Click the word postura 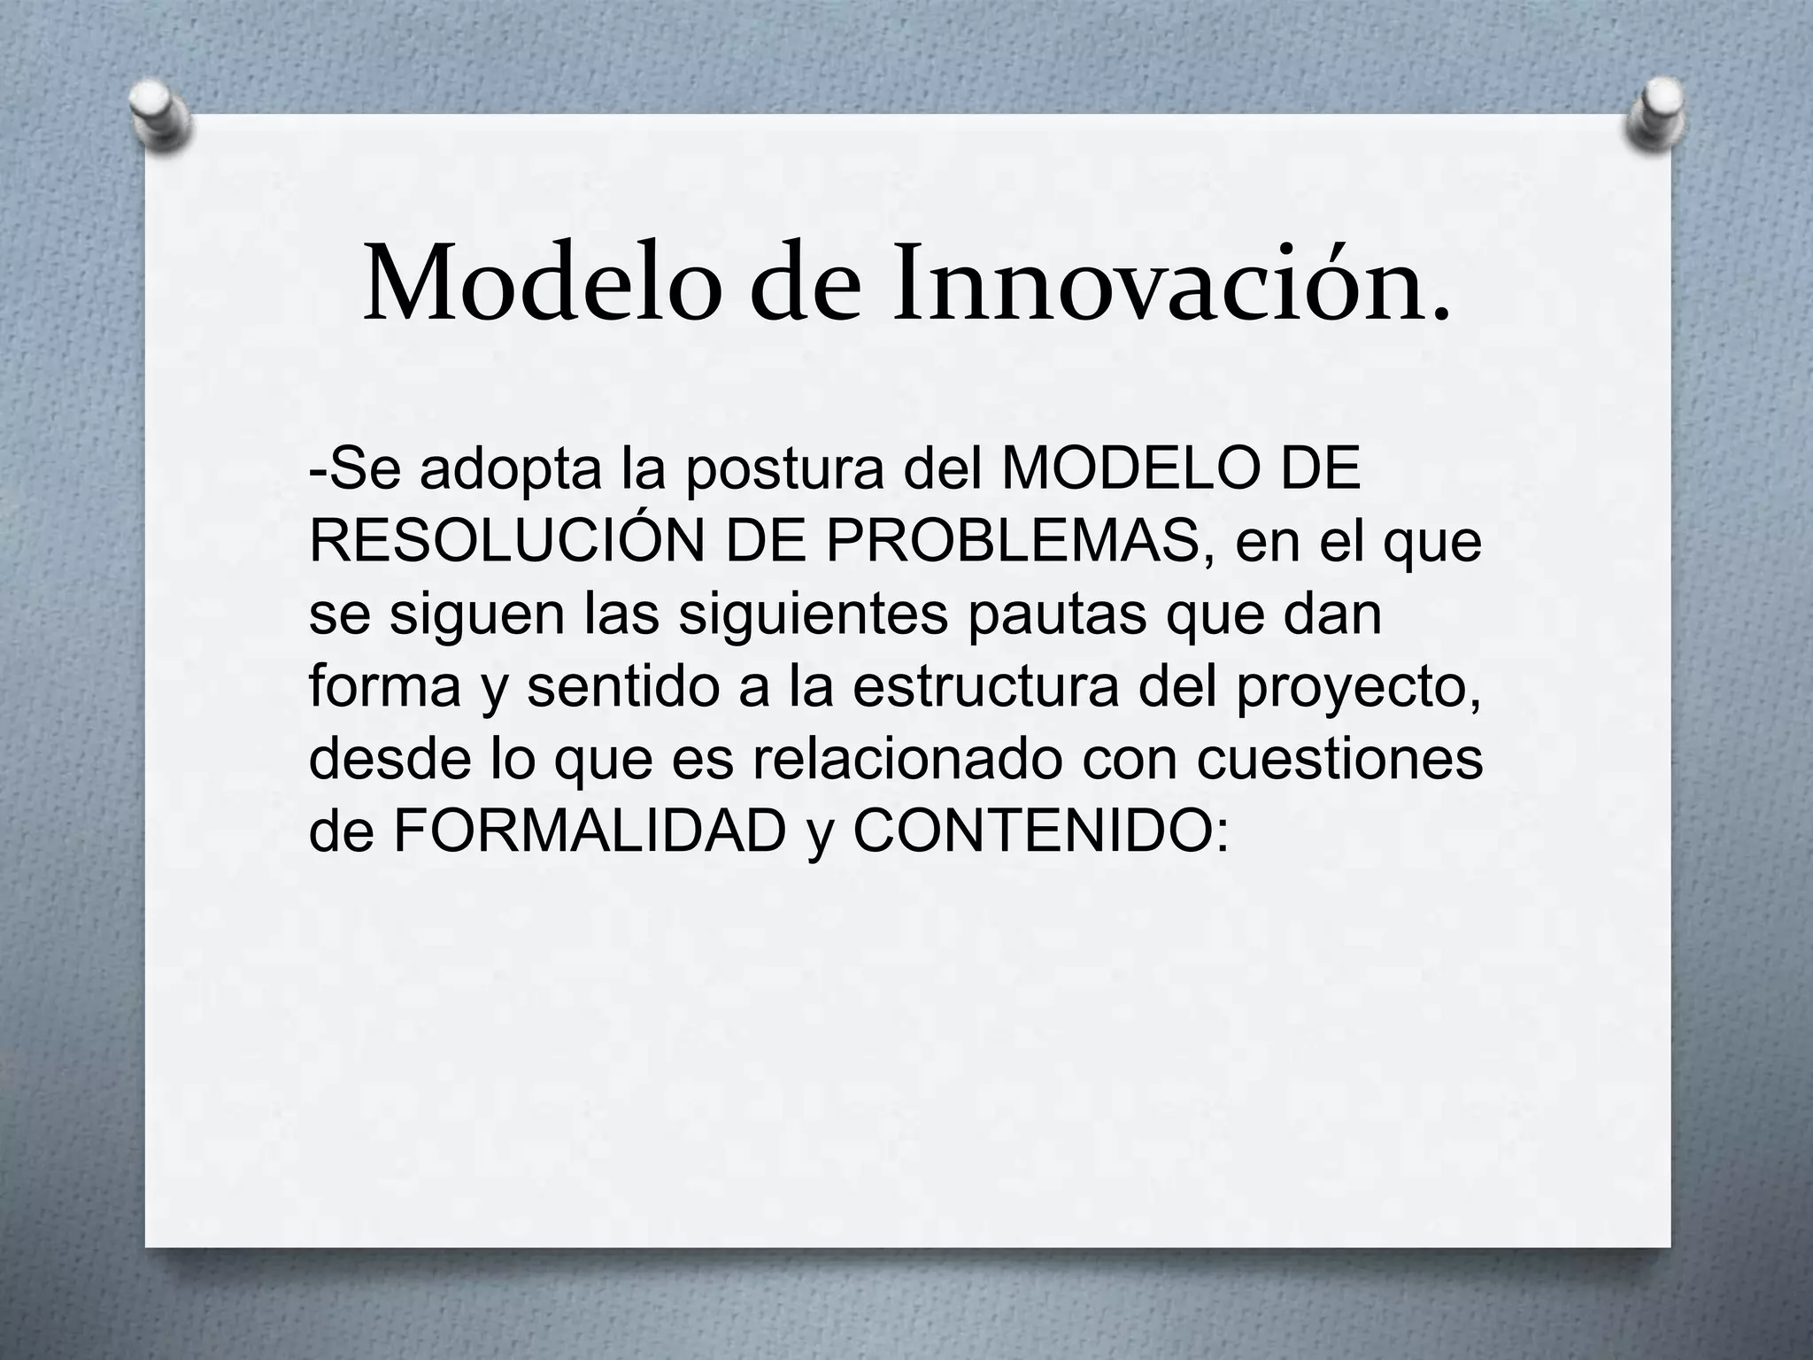(x=784, y=472)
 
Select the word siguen (x=476, y=614)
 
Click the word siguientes (x=813, y=614)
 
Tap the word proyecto (x=1358, y=689)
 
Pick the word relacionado (x=906, y=760)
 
